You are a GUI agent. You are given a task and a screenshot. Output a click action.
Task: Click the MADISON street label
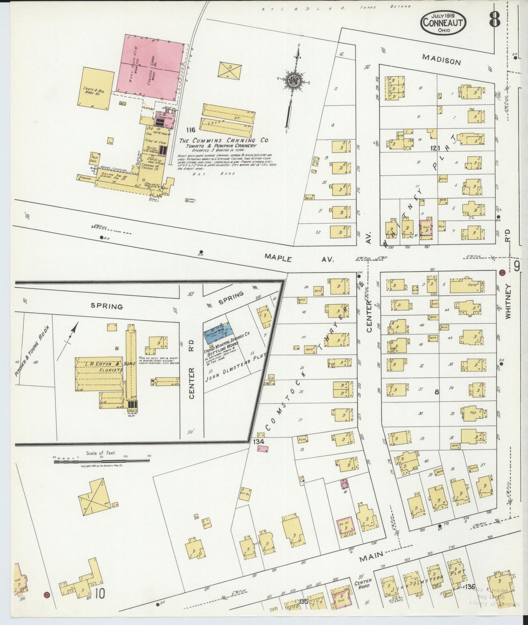[x=441, y=59]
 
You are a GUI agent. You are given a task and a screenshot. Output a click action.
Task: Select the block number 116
[x=191, y=130]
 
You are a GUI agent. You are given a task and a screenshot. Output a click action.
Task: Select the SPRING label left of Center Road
[x=107, y=306]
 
